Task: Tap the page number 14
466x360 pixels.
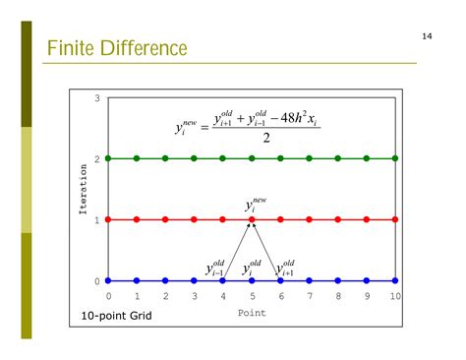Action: tap(428, 36)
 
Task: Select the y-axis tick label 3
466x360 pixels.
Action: tap(97, 97)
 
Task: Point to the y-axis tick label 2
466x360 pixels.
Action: tap(97, 158)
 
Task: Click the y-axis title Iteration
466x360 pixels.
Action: tap(85, 189)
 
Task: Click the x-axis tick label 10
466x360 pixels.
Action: tap(395, 296)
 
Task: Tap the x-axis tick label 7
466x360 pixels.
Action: tap(310, 296)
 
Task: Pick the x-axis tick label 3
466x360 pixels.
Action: tap(195, 296)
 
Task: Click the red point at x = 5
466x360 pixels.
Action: tap(252, 219)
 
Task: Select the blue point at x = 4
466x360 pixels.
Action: tap(223, 280)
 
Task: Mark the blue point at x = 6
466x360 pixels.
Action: tap(280, 280)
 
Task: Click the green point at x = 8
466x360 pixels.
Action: tap(338, 158)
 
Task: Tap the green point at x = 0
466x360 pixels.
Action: tap(108, 158)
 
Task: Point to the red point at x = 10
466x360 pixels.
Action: tap(395, 219)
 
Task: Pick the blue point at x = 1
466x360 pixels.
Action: tap(137, 280)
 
